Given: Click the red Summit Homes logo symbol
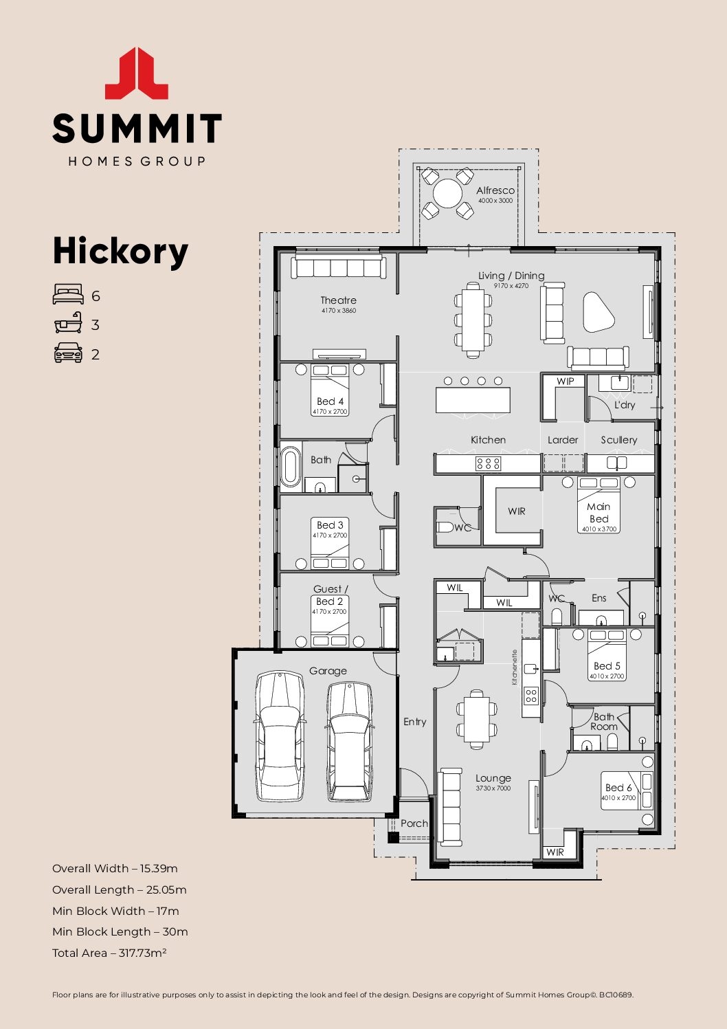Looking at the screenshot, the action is tap(137, 74).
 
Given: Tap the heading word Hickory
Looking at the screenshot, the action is tap(120, 251).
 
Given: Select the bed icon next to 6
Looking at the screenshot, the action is tap(67, 296).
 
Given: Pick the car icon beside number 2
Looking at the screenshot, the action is tap(67, 353).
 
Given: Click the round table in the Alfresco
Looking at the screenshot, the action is tap(447, 193).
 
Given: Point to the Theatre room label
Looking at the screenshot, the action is tap(338, 300).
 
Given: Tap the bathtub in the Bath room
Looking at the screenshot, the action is tap(291, 467).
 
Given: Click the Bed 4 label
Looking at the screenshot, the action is tap(330, 401).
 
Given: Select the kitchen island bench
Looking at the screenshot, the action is tap(473, 400).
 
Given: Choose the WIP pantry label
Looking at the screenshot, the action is tap(565, 381).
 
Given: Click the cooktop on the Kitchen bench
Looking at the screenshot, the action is tap(489, 464).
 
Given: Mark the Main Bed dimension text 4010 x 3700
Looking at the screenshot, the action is tap(599, 529).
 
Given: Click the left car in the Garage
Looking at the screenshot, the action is tap(280, 737).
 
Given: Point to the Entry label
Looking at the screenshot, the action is tap(414, 722).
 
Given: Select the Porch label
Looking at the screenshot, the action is tap(414, 823).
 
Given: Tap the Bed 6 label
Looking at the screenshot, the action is tap(618, 788).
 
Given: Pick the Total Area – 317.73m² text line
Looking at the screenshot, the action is tap(109, 953).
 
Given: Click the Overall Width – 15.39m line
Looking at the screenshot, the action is tap(115, 868).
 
